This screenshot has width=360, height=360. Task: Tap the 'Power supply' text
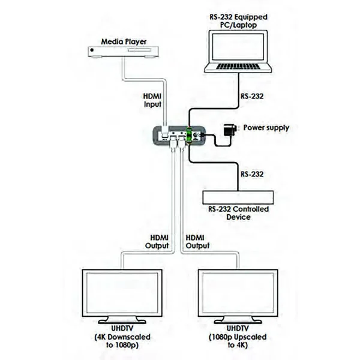pyautogui.click(x=265, y=128)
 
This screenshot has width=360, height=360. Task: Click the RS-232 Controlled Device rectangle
pyautogui.click(x=238, y=196)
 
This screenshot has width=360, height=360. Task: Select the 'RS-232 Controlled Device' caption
pyautogui.click(x=239, y=213)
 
